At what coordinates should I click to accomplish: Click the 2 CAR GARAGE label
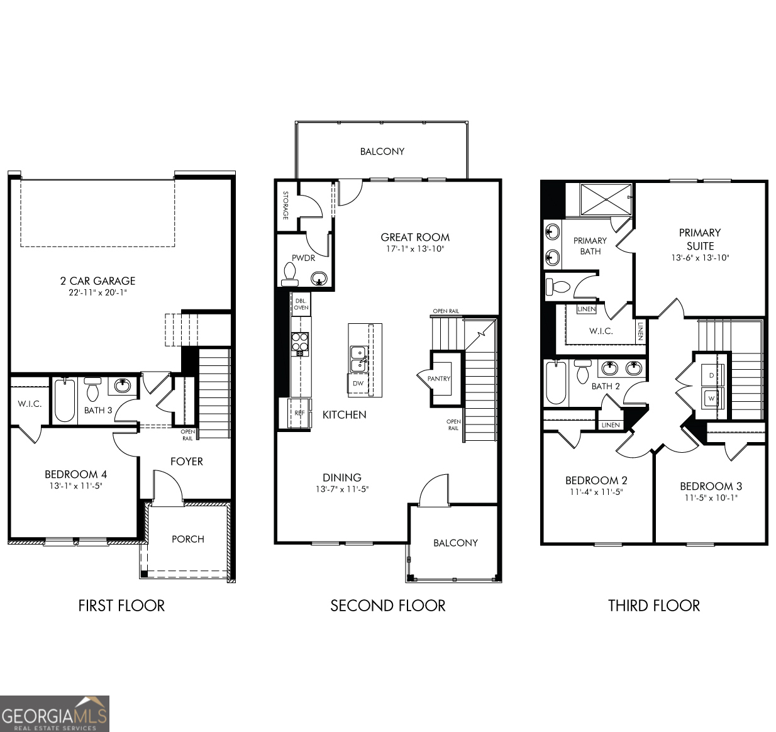(97, 281)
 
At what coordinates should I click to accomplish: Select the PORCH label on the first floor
(187, 539)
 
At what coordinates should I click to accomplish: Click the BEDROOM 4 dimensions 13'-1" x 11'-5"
(75, 486)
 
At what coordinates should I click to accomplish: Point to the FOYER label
(186, 462)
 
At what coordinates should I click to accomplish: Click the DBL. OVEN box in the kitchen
(301, 304)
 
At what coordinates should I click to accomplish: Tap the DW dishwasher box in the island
(358, 383)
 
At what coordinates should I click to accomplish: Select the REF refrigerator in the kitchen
(299, 413)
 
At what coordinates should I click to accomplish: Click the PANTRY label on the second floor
(438, 379)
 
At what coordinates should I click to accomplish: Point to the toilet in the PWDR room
(290, 272)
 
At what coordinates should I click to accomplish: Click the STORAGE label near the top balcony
(285, 205)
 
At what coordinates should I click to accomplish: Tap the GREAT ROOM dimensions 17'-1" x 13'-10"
(415, 249)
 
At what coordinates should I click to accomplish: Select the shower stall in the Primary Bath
(605, 200)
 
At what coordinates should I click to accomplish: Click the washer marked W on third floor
(712, 398)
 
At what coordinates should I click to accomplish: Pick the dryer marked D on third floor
(712, 375)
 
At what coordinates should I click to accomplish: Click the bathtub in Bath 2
(555, 383)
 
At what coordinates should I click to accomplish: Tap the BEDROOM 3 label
(711, 486)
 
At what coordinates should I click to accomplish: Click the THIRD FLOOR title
(653, 606)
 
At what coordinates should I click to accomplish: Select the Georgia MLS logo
(55, 714)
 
